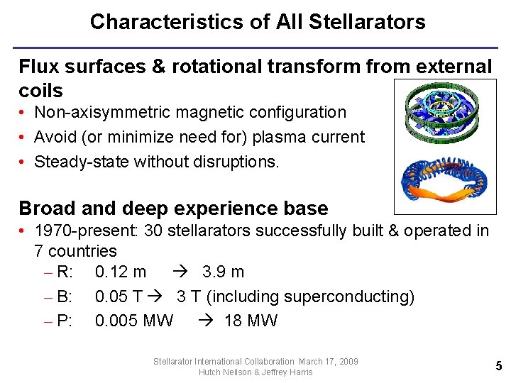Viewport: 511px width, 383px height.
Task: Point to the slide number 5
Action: pyautogui.click(x=498, y=366)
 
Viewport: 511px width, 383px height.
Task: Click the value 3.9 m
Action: pyautogui.click(x=223, y=272)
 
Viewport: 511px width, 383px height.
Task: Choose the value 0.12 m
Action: pyautogui.click(x=121, y=272)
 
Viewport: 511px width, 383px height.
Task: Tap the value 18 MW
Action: pyautogui.click(x=251, y=321)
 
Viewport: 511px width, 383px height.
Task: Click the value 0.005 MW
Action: pyautogui.click(x=134, y=321)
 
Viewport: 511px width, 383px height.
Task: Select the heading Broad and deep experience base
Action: pyautogui.click(x=173, y=209)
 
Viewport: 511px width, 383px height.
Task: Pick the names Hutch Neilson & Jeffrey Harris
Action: pyautogui.click(x=255, y=372)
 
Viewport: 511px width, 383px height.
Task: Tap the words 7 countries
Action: pyautogui.click(x=75, y=251)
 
